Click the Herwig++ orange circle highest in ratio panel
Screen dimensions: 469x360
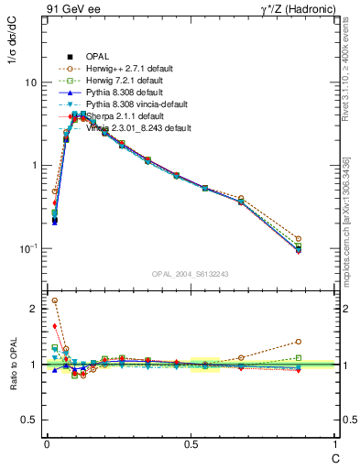(x=54, y=300)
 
